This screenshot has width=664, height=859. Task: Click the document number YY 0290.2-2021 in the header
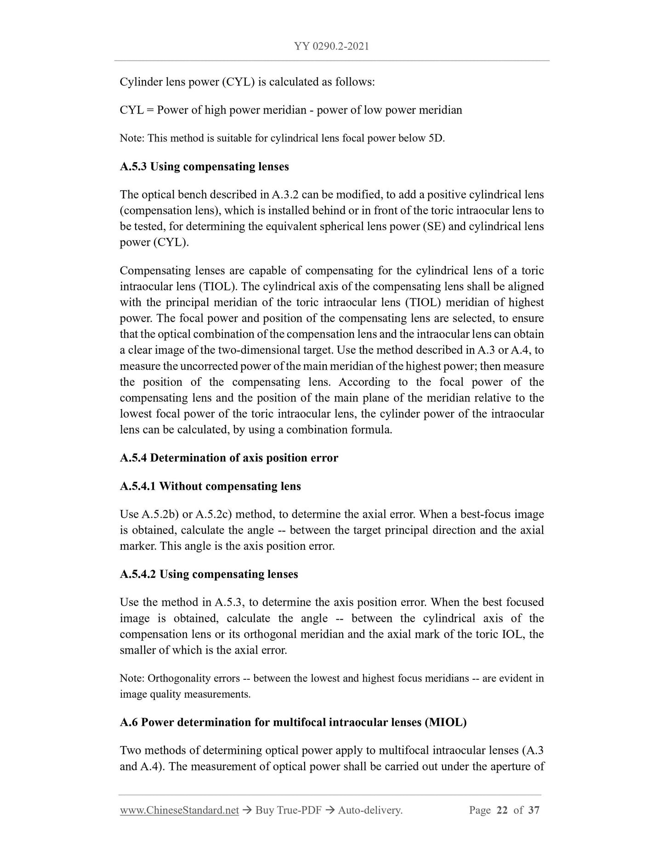pyautogui.click(x=331, y=46)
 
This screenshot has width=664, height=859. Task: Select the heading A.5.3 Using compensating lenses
pyautogui.click(x=204, y=166)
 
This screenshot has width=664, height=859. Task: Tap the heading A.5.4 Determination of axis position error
pyautogui.click(x=229, y=458)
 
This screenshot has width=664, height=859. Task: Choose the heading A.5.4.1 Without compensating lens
pyautogui.click(x=210, y=486)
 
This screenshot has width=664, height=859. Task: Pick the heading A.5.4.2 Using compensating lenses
pyautogui.click(x=209, y=574)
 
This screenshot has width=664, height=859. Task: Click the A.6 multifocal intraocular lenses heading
pyautogui.click(x=293, y=722)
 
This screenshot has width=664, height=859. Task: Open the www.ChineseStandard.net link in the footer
pyautogui.click(x=179, y=810)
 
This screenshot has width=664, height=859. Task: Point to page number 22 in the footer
pyautogui.click(x=502, y=810)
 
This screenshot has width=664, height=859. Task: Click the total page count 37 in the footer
pyautogui.click(x=533, y=810)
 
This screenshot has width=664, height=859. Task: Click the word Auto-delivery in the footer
pyautogui.click(x=369, y=810)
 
